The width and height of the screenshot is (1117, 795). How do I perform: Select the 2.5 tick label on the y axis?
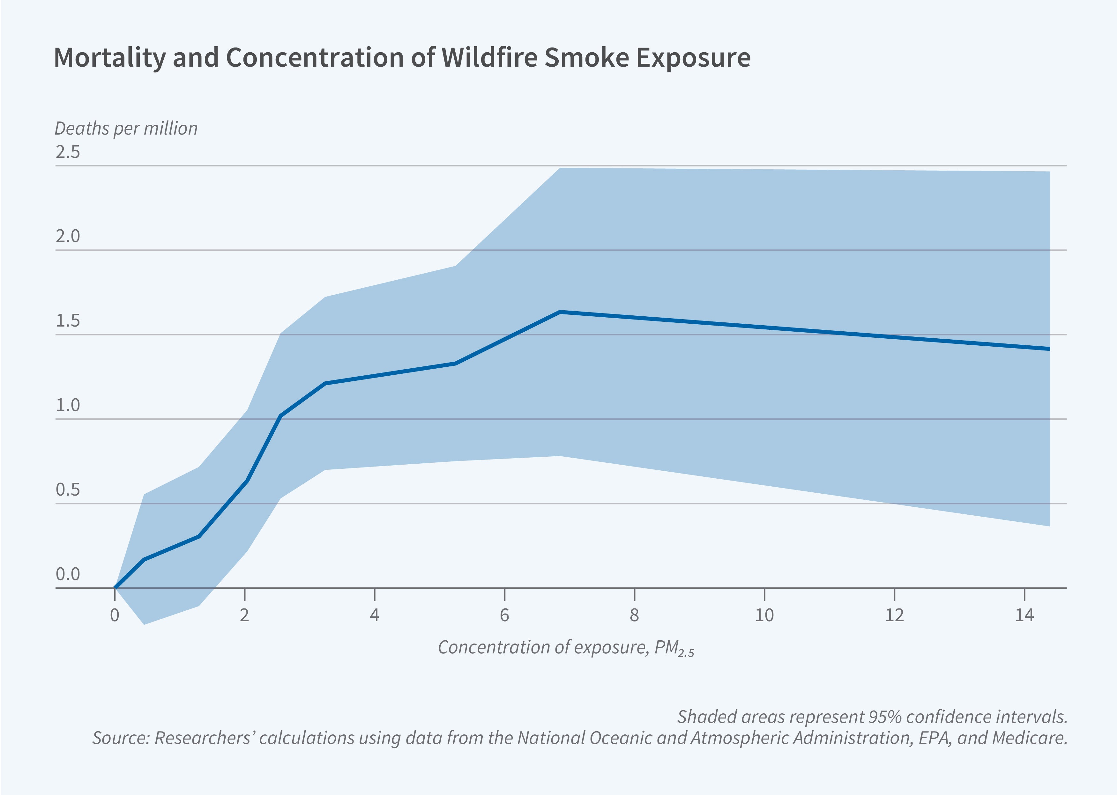click(68, 152)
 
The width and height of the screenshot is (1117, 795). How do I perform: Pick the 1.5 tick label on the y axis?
click(68, 321)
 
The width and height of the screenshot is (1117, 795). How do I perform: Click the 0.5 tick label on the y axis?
click(68, 490)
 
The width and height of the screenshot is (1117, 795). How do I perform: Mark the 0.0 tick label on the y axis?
click(68, 574)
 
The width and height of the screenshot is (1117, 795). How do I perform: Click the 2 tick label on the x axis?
click(244, 615)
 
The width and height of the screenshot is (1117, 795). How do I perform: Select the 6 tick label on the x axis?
click(504, 615)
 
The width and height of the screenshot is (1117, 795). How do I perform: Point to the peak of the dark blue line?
click(560, 312)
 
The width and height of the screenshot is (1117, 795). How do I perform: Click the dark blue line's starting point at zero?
click(115, 587)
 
